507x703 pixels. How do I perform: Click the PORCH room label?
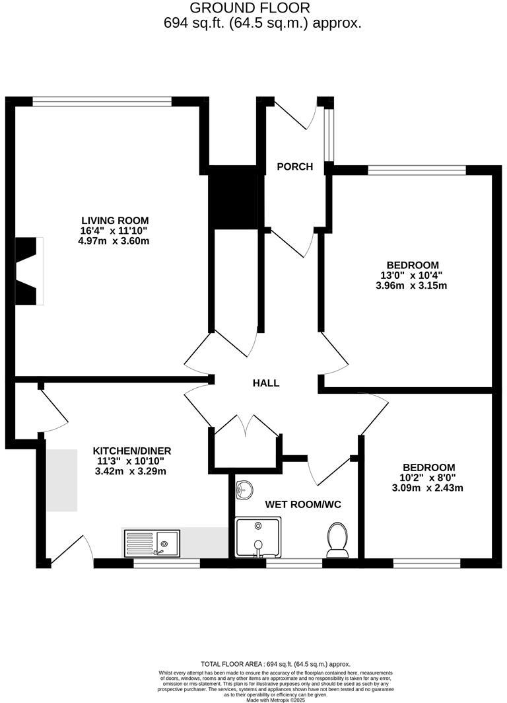point(294,166)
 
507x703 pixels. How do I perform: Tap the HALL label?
point(266,383)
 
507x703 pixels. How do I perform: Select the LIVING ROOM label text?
point(115,220)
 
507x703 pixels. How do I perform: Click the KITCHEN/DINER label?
point(132,451)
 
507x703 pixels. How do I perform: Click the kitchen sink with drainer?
point(151,542)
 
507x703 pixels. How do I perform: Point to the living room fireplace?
point(28,271)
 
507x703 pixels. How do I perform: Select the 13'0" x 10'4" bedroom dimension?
point(413,276)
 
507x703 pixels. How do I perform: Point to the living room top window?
point(102,102)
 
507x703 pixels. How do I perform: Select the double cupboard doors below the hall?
point(246,425)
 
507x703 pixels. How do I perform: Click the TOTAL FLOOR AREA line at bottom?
point(275,663)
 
